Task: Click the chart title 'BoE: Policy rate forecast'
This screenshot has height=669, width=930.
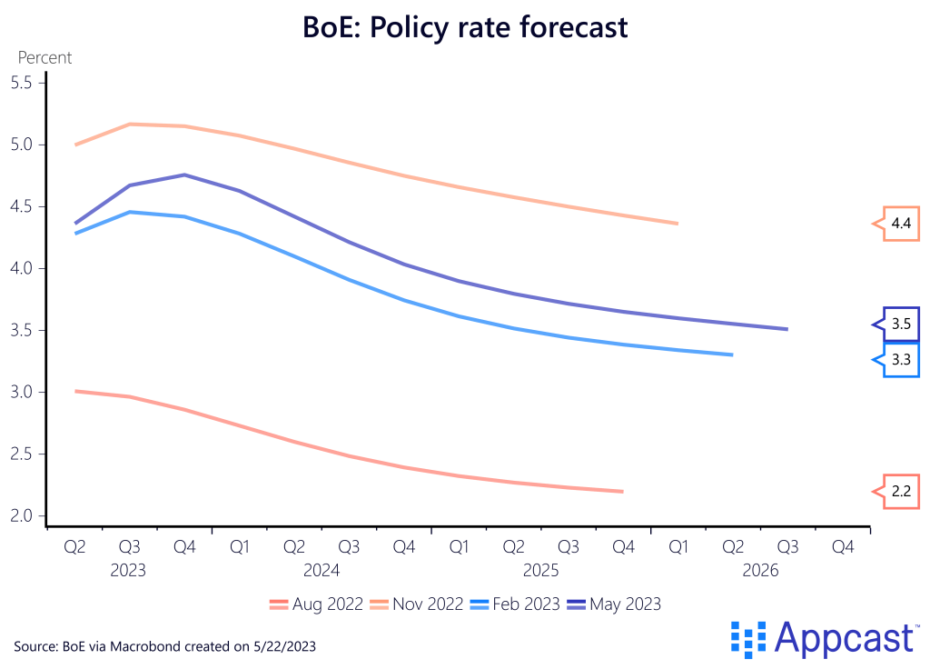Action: (x=465, y=27)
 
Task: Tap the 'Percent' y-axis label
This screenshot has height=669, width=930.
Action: (x=45, y=58)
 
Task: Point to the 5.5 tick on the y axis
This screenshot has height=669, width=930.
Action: (x=20, y=83)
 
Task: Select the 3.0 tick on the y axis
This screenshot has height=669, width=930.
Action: (x=20, y=392)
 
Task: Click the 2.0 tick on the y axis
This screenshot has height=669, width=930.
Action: (x=20, y=515)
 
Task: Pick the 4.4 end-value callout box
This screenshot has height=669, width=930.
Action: (x=901, y=224)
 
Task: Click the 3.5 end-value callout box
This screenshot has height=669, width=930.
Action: (x=901, y=324)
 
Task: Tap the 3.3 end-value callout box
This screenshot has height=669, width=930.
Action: (x=901, y=360)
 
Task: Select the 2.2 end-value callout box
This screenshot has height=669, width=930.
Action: (x=901, y=492)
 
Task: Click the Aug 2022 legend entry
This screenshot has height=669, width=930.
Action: (x=317, y=604)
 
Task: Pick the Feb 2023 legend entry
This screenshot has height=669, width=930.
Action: (x=515, y=604)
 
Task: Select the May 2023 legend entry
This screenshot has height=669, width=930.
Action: (x=613, y=604)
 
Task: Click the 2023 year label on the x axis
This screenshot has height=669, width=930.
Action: (x=128, y=571)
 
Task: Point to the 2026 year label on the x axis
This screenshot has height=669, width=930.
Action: (x=760, y=571)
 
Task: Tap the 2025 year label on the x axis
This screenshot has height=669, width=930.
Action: (x=540, y=571)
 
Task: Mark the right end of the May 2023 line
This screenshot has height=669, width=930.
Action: (x=787, y=329)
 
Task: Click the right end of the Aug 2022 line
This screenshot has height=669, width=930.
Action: (x=622, y=492)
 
